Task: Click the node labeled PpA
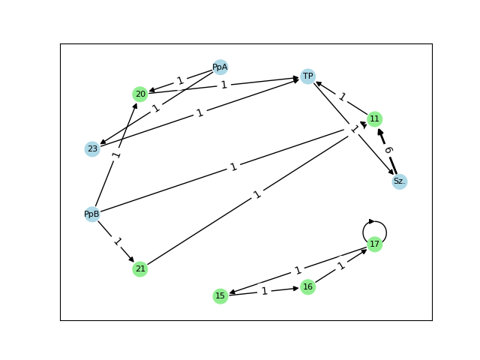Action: [x=220, y=67]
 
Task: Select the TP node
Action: [x=307, y=76]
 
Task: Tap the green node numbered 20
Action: [x=139, y=94]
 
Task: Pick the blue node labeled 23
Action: [x=92, y=148]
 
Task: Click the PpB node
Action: [x=92, y=214]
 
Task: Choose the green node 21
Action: [x=139, y=268]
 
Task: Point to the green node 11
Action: [x=375, y=118]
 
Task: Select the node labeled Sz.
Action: [x=400, y=181]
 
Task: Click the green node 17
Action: [x=375, y=244]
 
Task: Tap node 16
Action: [x=307, y=286]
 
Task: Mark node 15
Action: [x=220, y=295]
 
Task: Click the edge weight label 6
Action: [x=388, y=150]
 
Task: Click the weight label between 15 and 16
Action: [x=264, y=291]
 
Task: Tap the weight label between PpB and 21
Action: [x=116, y=241]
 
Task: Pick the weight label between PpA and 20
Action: [x=180, y=80]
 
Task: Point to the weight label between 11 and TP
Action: [x=341, y=97]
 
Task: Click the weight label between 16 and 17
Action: [x=341, y=265]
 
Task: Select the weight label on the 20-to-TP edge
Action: [x=223, y=85]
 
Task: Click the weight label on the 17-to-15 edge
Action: [x=298, y=270]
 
